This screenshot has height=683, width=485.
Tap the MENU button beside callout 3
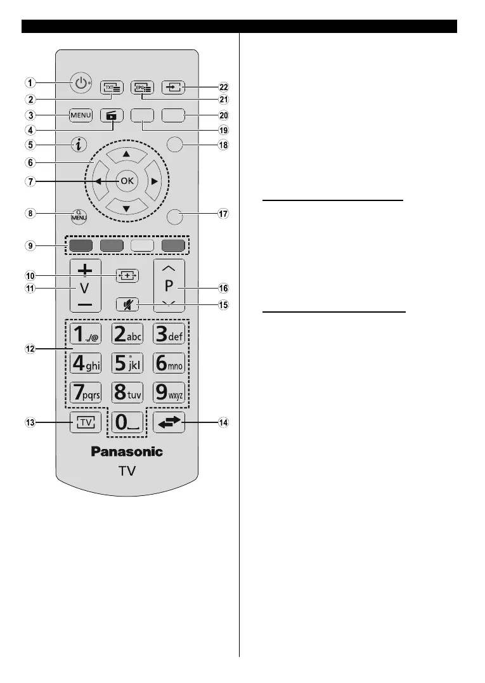(81, 115)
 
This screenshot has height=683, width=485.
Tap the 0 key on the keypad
(127, 421)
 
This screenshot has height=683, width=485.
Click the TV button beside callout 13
(81, 422)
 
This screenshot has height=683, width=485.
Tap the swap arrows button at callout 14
(169, 422)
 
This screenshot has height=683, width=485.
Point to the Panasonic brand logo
(127, 452)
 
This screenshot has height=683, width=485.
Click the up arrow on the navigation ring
(127, 153)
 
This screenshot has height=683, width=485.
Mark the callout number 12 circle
(30, 349)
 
